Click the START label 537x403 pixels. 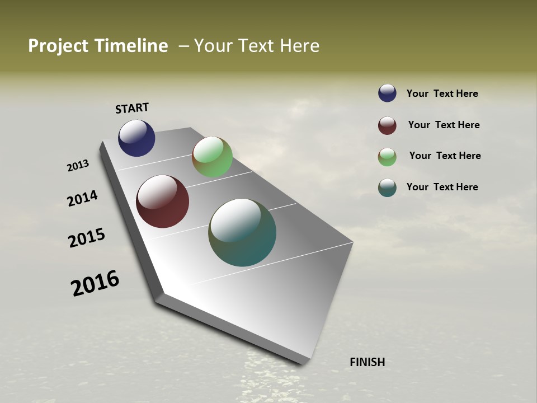tap(132, 108)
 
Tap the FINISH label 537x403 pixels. tap(367, 362)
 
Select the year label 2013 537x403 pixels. tap(78, 166)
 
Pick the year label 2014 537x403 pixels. tap(83, 198)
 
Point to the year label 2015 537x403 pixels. tap(87, 238)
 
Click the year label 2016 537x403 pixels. tap(95, 283)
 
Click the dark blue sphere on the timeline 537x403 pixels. tap(136, 138)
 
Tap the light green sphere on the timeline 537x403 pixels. tap(212, 157)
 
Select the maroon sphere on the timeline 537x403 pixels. tap(162, 201)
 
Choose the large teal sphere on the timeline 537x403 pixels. tap(242, 232)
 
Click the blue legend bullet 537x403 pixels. tap(387, 93)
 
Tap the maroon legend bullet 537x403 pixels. tap(387, 125)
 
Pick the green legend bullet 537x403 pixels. tap(387, 157)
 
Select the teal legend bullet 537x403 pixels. tap(387, 188)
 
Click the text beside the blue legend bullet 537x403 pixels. tap(442, 93)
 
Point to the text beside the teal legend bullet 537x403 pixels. tap(442, 187)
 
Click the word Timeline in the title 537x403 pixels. tap(131, 46)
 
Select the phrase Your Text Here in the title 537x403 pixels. tap(257, 46)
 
